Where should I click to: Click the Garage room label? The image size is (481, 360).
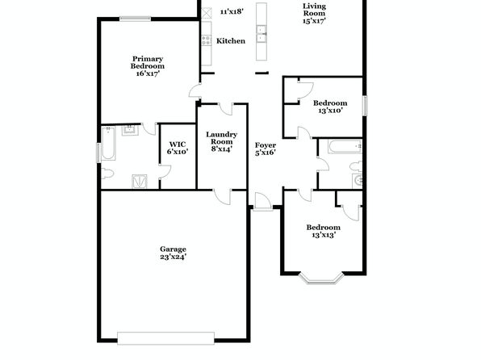(173, 249)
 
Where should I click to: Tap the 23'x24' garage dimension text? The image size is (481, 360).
(173, 257)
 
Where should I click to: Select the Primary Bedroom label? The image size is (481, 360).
(148, 62)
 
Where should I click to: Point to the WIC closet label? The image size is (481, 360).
(178, 144)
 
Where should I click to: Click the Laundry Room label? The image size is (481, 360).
(221, 138)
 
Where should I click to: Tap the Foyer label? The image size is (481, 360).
(266, 145)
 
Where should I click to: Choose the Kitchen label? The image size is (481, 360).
(231, 41)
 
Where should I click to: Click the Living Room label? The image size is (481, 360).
(314, 10)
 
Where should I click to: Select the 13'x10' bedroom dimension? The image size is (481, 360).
(330, 111)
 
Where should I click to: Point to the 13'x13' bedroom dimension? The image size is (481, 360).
(324, 235)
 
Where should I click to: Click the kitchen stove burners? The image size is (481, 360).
(207, 40)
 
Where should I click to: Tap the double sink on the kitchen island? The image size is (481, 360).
(261, 34)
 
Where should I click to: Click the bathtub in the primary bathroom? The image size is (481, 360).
(108, 144)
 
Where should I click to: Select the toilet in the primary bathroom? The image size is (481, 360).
(107, 174)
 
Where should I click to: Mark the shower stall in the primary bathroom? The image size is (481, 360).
(140, 181)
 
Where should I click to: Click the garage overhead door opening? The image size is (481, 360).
(165, 338)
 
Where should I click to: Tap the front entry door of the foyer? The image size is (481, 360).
(263, 202)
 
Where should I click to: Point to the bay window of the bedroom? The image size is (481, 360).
(321, 278)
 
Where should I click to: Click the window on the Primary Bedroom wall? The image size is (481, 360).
(136, 19)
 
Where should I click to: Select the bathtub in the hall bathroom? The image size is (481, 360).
(345, 146)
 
